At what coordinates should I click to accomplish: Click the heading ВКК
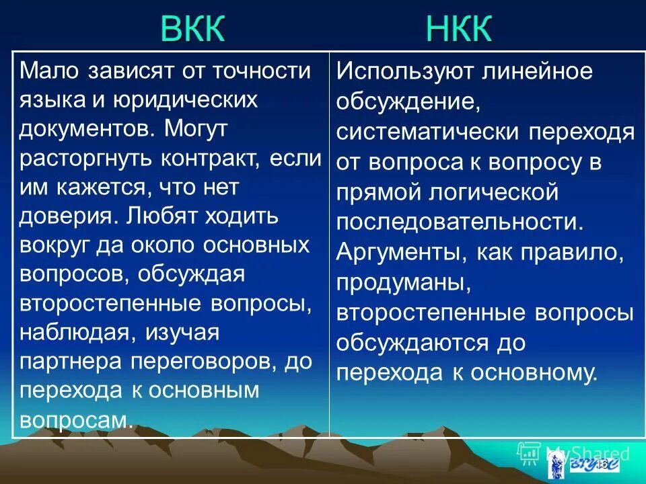point(193,30)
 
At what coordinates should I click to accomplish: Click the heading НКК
point(459,30)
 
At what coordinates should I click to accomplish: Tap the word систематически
point(427,131)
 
